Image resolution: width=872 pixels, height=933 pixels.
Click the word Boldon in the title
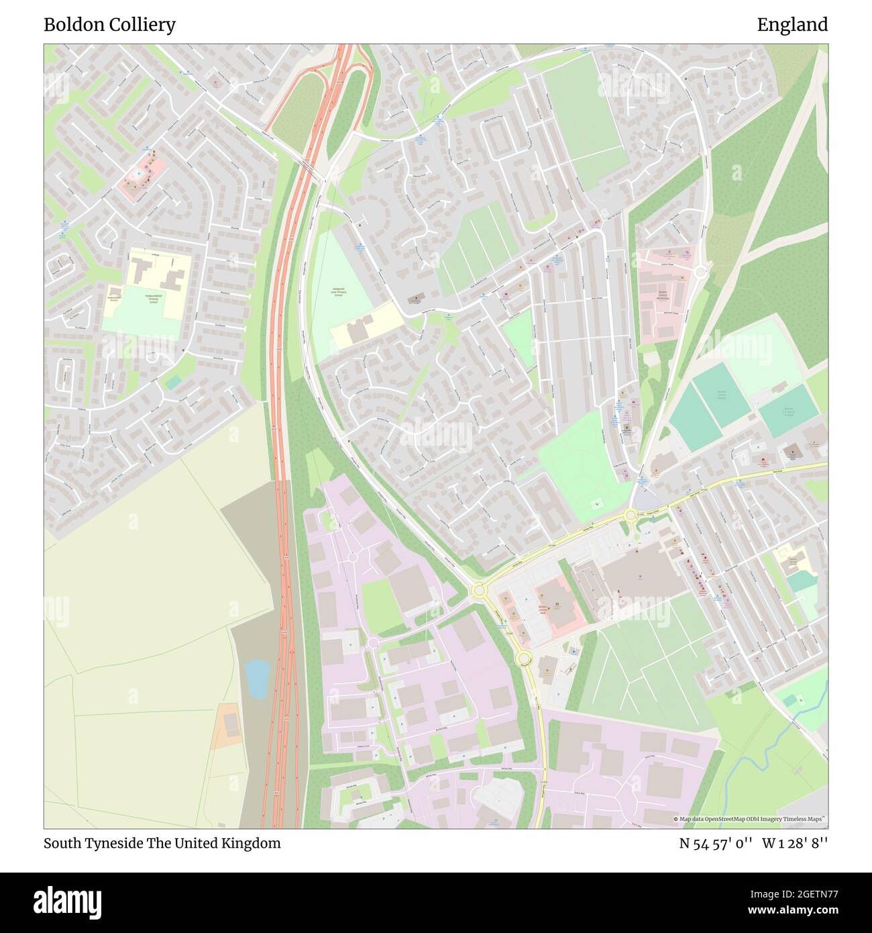[x=72, y=25]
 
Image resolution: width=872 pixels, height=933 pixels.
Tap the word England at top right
[x=792, y=25]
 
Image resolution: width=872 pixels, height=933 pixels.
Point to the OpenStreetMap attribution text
[x=750, y=819]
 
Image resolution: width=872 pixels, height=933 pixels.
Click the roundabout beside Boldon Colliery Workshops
[x=700, y=271]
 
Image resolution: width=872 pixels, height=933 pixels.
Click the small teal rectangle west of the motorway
[x=173, y=382]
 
